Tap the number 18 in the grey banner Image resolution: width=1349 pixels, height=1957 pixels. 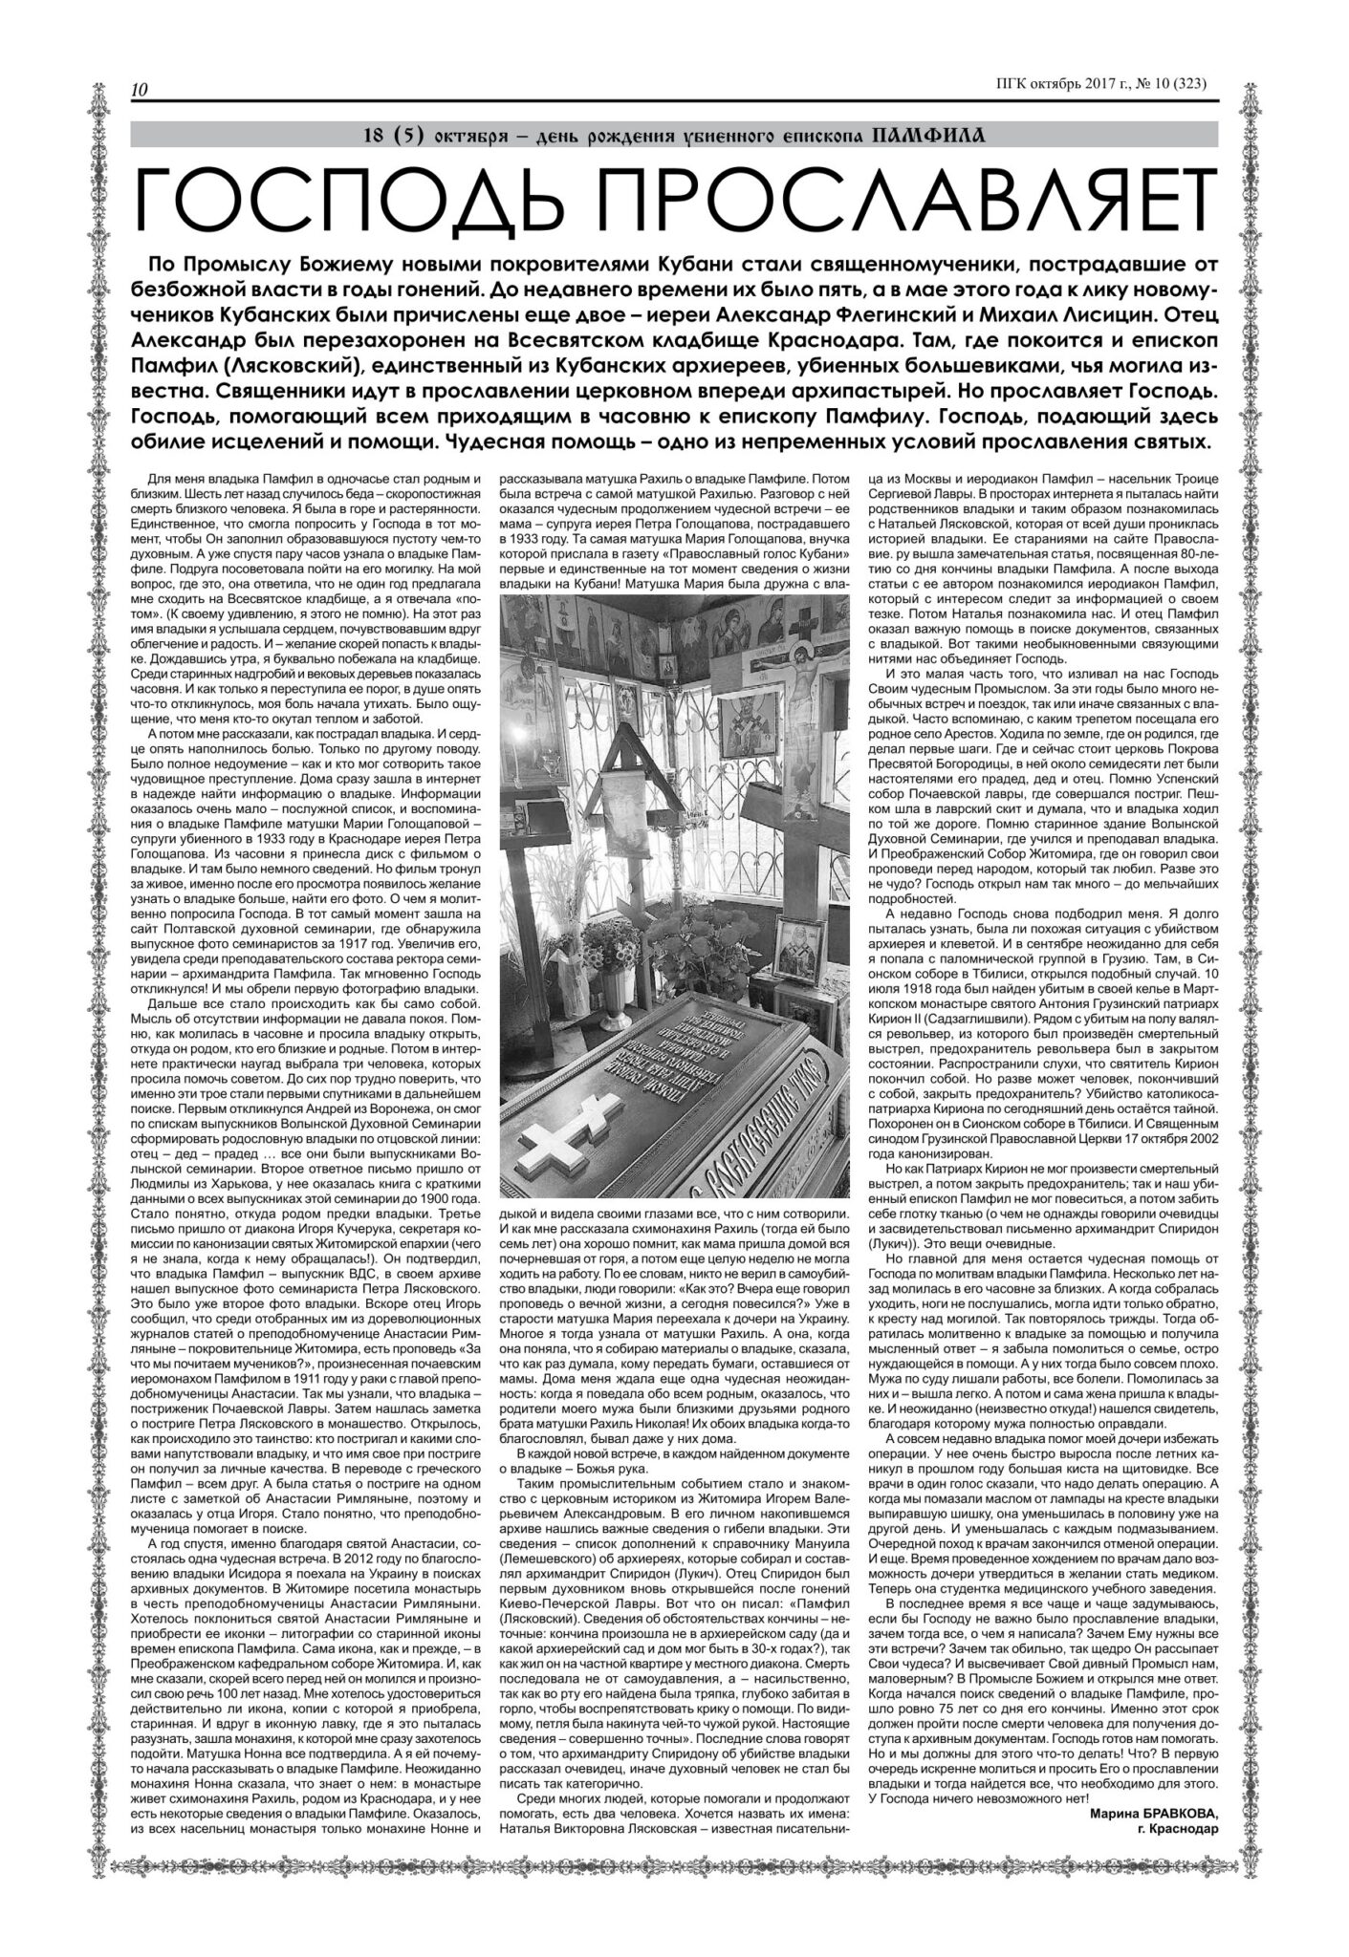(x=376, y=135)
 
